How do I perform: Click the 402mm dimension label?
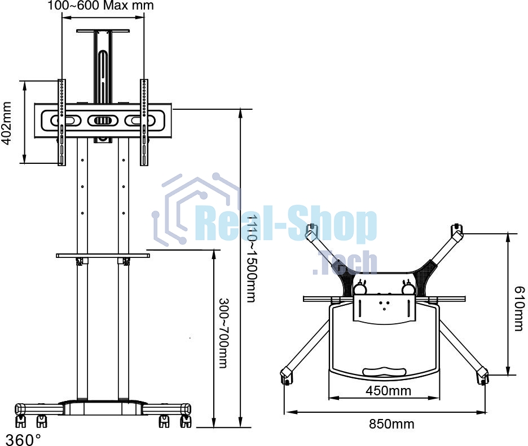click(x=7, y=123)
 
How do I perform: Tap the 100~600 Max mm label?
click(x=100, y=6)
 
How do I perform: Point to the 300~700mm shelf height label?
click(x=223, y=333)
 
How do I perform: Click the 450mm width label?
click(x=388, y=391)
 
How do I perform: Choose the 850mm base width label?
click(x=391, y=424)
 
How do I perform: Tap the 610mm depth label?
click(x=520, y=309)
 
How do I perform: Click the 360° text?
click(x=24, y=439)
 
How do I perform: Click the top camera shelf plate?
click(x=103, y=31)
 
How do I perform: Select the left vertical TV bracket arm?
click(x=61, y=122)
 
